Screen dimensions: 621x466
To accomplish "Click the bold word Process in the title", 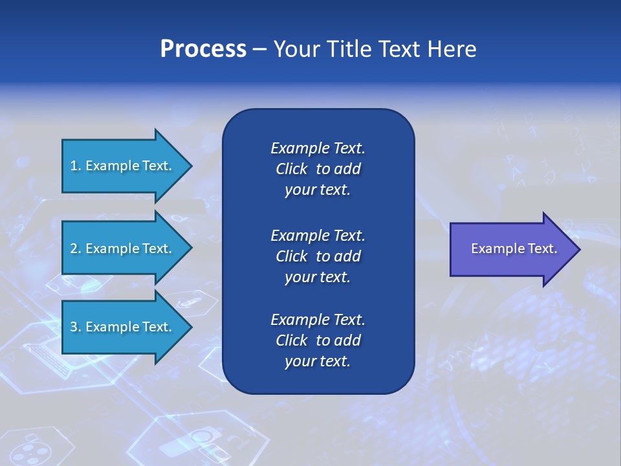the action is click(203, 49).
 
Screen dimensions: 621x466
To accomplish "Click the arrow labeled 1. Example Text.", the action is click(127, 166).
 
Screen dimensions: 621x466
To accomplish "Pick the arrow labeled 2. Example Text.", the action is click(127, 248).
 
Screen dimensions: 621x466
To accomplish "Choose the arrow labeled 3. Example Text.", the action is click(127, 327).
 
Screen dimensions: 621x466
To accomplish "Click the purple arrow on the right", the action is click(515, 249).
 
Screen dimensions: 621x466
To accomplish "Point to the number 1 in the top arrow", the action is click(74, 166).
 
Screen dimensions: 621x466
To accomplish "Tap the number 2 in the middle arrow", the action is click(74, 249).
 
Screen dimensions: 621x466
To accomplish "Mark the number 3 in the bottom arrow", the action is click(74, 326).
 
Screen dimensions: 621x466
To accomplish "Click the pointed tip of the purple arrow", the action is click(580, 249).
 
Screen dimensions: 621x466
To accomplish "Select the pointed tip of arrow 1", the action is click(192, 166).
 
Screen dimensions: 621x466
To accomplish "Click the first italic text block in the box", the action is click(318, 169).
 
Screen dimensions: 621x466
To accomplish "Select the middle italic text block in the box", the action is click(318, 256).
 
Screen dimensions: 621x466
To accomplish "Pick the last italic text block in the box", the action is click(318, 340).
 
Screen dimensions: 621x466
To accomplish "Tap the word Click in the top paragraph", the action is click(292, 169).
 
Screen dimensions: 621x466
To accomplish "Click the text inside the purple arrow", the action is click(514, 249).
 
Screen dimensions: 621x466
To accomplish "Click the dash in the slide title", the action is click(260, 50).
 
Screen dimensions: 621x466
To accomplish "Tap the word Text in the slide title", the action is click(400, 49).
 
